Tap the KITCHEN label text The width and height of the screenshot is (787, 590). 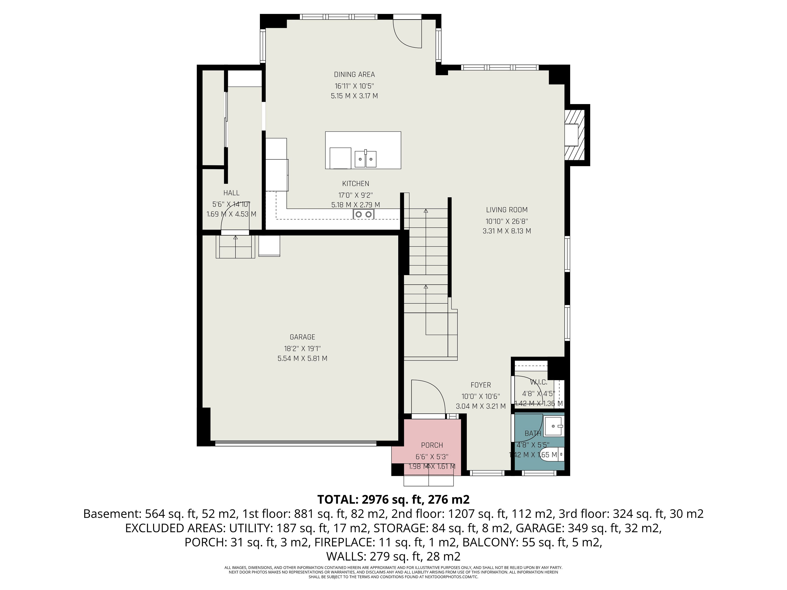pos(355,184)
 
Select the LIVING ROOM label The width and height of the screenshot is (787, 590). pos(507,210)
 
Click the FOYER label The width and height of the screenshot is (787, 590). pos(481,385)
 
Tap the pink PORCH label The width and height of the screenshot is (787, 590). pos(432,445)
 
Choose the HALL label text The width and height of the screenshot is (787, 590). pos(231,193)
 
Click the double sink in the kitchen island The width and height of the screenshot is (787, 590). pos(365,159)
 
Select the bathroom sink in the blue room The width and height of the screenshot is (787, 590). pos(555,426)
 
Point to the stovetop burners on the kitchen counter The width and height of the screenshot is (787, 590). pos(363,214)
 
